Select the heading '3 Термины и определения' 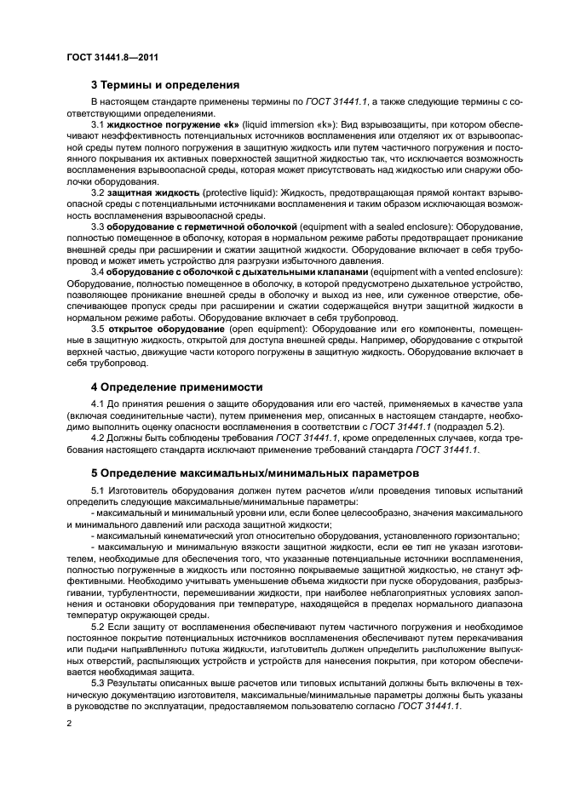tap(165, 84)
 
